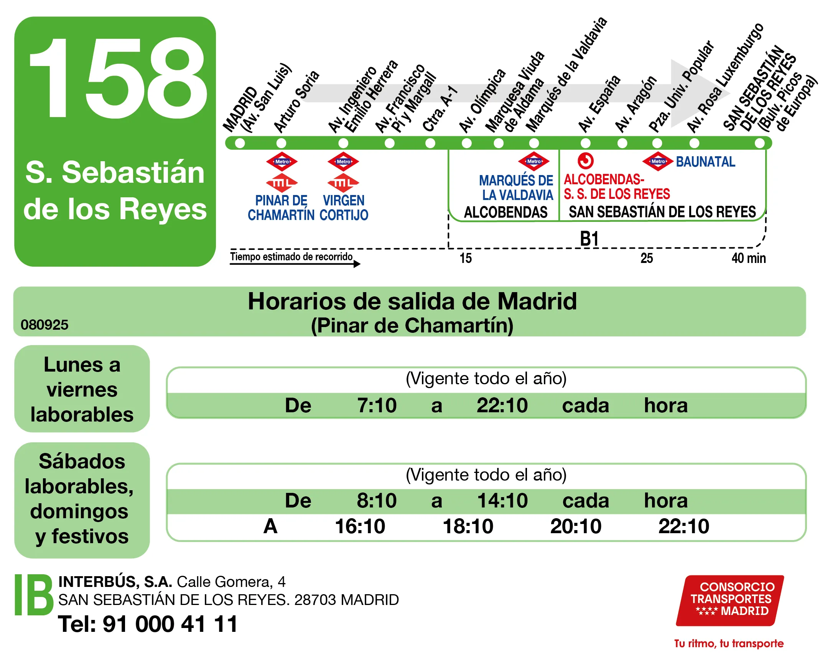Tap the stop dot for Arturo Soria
[281, 143]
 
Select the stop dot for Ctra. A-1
[430, 143]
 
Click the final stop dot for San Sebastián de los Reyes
[759, 143]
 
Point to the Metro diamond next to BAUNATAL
[658, 162]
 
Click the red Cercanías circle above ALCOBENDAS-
[586, 161]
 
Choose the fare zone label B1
[589, 239]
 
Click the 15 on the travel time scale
[466, 258]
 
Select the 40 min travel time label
[748, 258]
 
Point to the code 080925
[44, 325]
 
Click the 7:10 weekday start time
[377, 405]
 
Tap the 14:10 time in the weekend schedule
[502, 501]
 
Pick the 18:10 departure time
[468, 526]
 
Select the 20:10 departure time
[576, 526]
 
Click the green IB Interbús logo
[34, 595]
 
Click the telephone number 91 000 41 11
[170, 624]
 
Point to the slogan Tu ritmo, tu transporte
[729, 644]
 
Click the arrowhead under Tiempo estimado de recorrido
[357, 264]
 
